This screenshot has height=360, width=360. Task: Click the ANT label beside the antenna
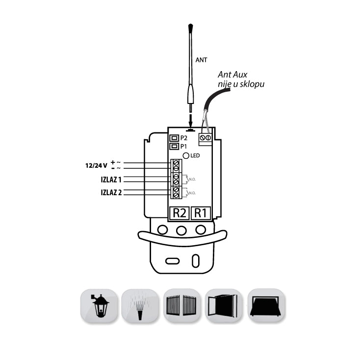pyautogui.click(x=201, y=60)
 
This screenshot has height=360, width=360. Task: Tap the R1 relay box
pyautogui.click(x=201, y=213)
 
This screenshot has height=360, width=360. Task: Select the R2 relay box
pyautogui.click(x=179, y=213)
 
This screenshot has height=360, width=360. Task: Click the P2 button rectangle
pyautogui.click(x=174, y=138)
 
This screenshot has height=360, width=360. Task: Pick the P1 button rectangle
pyautogui.click(x=174, y=146)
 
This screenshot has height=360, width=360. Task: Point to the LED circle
pyautogui.click(x=186, y=155)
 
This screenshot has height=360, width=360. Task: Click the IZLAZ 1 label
pyautogui.click(x=111, y=180)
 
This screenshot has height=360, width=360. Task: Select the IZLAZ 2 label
pyautogui.click(x=111, y=192)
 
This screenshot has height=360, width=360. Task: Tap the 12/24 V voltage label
pyautogui.click(x=96, y=165)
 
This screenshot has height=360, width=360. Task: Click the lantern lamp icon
pyautogui.click(x=99, y=306)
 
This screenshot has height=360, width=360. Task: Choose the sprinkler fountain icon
pyautogui.click(x=140, y=306)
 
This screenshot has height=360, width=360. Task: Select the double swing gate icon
pyautogui.click(x=182, y=306)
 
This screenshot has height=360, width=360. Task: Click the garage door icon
pyautogui.click(x=266, y=306)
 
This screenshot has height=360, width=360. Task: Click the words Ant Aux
pyautogui.click(x=232, y=75)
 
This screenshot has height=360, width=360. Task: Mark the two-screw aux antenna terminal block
pyautogui.click(x=205, y=139)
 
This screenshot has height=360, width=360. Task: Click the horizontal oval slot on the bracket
pyautogui.click(x=173, y=261)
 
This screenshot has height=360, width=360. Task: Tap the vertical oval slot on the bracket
pyautogui.click(x=196, y=261)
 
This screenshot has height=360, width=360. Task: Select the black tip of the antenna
pyautogui.click(x=190, y=28)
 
